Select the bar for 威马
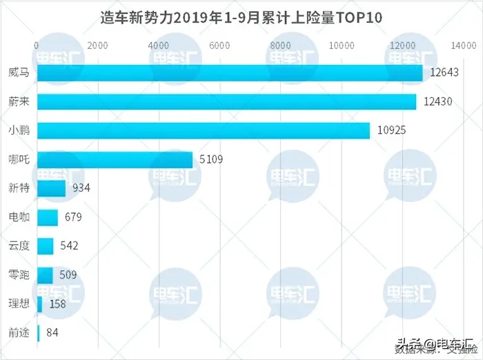click(229, 73)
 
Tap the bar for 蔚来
click(226, 101)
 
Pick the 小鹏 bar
click(203, 130)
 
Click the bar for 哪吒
click(115, 160)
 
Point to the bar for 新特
click(51, 188)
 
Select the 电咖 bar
click(47, 217)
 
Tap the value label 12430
click(439, 101)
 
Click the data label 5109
click(211, 160)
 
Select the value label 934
click(81, 188)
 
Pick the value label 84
click(51, 333)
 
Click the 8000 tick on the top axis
click(282, 46)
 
